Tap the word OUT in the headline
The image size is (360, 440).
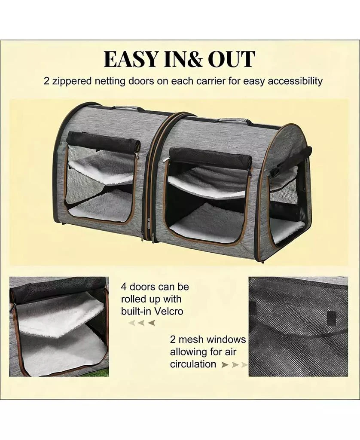coord(232,59)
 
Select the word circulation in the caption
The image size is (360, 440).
coord(193,364)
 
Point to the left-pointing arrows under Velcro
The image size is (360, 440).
coord(141,323)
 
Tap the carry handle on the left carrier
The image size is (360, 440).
coord(128,108)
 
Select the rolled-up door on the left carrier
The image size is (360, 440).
coord(103,142)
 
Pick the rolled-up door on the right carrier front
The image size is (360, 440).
coord(210,157)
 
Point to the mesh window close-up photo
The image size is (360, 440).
coord(298,327)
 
